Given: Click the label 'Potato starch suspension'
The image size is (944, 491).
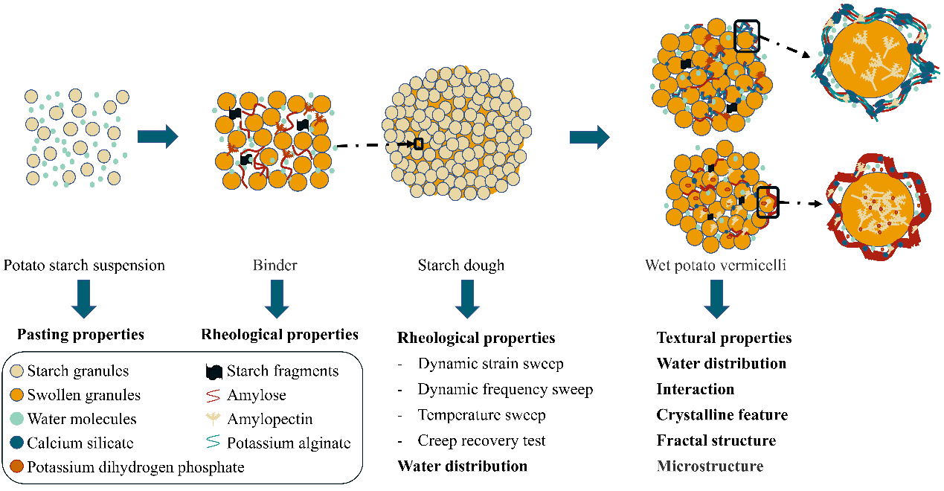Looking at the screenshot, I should click(84, 265).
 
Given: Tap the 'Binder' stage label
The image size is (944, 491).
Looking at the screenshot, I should click(275, 265).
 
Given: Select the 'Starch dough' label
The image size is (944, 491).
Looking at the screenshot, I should click(460, 265).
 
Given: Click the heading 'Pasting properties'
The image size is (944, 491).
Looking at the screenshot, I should click(80, 334).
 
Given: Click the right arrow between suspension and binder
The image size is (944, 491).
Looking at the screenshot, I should click(158, 136).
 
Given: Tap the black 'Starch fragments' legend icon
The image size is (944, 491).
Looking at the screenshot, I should click(215, 370).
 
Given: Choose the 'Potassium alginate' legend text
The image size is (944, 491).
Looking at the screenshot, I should click(289, 443).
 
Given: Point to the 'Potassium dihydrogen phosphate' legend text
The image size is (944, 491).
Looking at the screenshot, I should click(136, 467).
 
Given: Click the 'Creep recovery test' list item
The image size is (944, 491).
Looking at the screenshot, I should click(481, 440).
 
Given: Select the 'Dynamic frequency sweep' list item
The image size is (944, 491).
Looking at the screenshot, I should click(505, 389).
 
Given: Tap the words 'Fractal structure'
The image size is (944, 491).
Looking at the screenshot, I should click(716, 440).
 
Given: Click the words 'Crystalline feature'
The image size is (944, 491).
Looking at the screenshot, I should click(722, 414).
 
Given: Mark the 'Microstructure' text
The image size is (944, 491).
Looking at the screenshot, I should click(710, 466).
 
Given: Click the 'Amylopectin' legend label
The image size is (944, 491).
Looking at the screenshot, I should click(269, 420).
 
